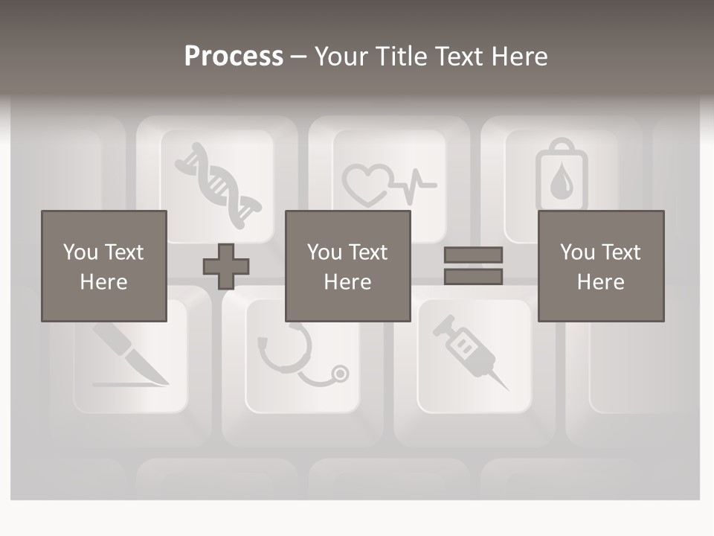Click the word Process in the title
tap(234, 57)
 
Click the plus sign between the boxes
tap(226, 267)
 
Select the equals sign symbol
tap(473, 266)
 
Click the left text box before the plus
tap(104, 267)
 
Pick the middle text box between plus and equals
tap(347, 267)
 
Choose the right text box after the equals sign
tap(601, 267)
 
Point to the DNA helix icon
tap(218, 182)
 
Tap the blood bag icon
tap(561, 176)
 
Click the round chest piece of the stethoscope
tap(339, 372)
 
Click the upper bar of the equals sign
tap(473, 255)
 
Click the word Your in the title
tap(340, 57)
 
